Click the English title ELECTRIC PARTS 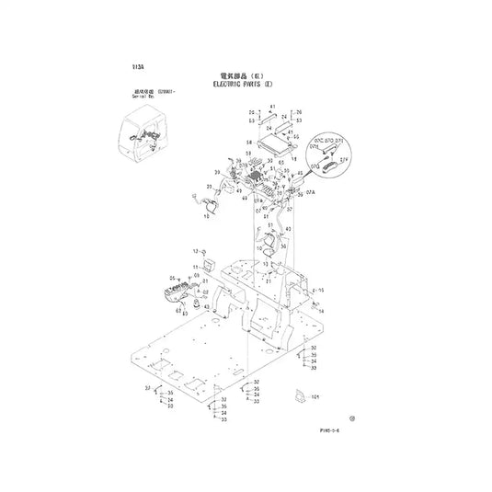pyautogui.click(x=246, y=84)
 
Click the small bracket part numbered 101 pyautogui.click(x=297, y=395)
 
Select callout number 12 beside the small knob pyautogui.click(x=194, y=251)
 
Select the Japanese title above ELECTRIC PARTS pyautogui.click(x=246, y=74)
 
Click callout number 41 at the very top pyautogui.click(x=272, y=107)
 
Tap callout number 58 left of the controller pyautogui.click(x=249, y=143)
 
